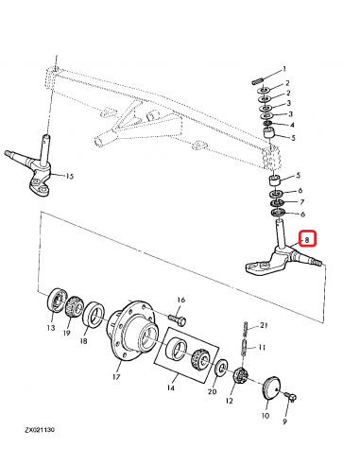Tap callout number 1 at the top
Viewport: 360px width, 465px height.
point(284,72)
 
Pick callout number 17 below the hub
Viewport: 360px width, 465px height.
point(116,376)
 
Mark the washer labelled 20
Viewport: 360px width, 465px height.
point(220,368)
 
